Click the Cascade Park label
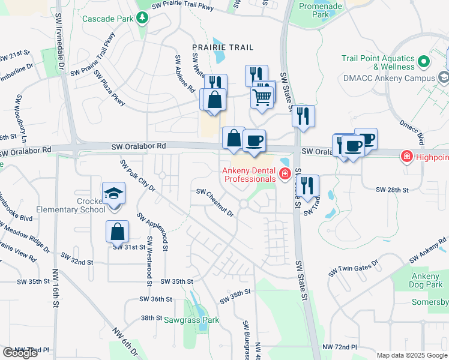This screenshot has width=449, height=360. coord(107,19)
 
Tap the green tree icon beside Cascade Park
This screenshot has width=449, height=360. coord(142,19)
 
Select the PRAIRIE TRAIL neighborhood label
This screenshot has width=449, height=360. coord(222,47)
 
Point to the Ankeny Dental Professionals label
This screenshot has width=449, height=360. coord(249,175)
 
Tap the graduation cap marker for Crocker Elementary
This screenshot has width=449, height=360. coord(113,193)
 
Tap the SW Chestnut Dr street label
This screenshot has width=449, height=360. coord(215,203)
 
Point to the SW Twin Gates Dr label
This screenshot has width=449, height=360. coord(353,268)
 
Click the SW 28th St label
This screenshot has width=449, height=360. coord(392,190)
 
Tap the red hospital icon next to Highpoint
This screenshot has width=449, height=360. coord(406,157)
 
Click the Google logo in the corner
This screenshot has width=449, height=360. coord(20,353)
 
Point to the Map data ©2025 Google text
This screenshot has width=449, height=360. coord(412,355)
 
